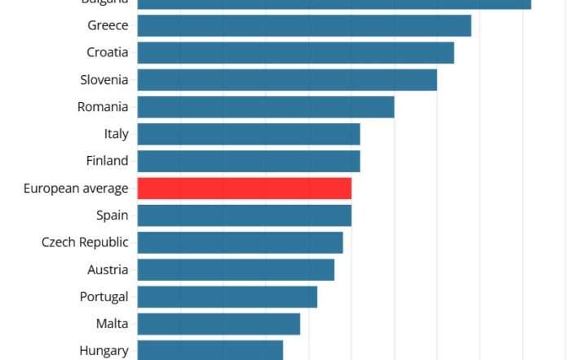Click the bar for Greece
click(303, 25)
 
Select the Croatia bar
click(295, 52)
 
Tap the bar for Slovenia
click(287, 79)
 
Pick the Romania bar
click(266, 107)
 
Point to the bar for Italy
click(249, 134)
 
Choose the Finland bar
click(249, 161)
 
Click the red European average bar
click(244, 189)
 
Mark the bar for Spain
click(244, 216)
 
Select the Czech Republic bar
click(240, 242)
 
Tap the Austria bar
click(236, 269)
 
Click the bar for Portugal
click(227, 296)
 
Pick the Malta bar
click(219, 324)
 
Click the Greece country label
click(108, 25)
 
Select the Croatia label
click(108, 52)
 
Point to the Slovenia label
click(104, 79)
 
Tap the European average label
click(76, 189)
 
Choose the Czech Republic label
click(85, 242)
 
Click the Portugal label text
click(104, 296)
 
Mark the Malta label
click(112, 324)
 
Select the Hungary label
click(104, 351)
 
